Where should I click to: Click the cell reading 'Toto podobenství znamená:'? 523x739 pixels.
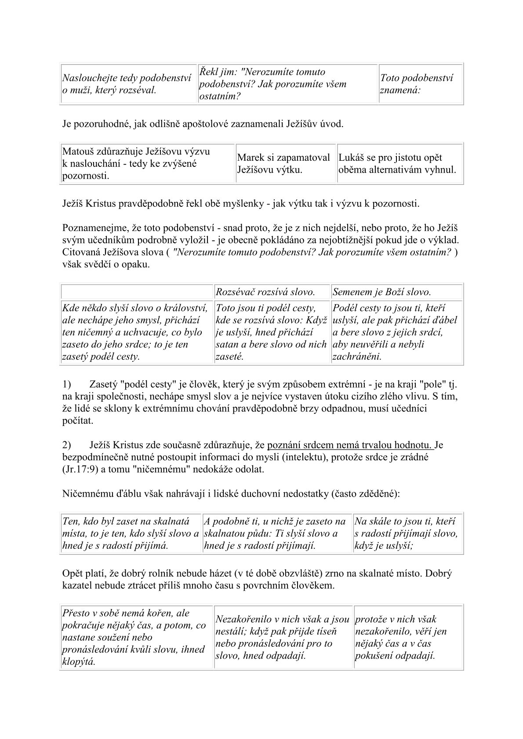[421, 84]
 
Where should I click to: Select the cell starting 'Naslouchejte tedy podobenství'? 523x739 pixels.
[128, 84]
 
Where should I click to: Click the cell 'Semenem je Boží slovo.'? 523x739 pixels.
[397, 292]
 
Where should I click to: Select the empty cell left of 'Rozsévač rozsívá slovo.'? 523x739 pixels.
[137, 292]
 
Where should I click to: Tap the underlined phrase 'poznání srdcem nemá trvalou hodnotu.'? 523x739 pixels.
[350, 445]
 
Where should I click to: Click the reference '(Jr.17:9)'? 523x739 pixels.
[80, 469]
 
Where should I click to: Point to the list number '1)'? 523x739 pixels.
[67, 385]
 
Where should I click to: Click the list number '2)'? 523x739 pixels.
[67, 445]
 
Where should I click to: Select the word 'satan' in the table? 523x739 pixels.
[227, 344]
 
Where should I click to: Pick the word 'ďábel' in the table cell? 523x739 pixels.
[443, 320]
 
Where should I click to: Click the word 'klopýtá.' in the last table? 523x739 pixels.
[79, 662]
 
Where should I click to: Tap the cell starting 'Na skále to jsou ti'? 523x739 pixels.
[408, 534]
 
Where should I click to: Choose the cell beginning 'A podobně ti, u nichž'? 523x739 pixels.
[277, 534]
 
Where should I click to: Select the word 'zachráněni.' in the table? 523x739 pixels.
[357, 356]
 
